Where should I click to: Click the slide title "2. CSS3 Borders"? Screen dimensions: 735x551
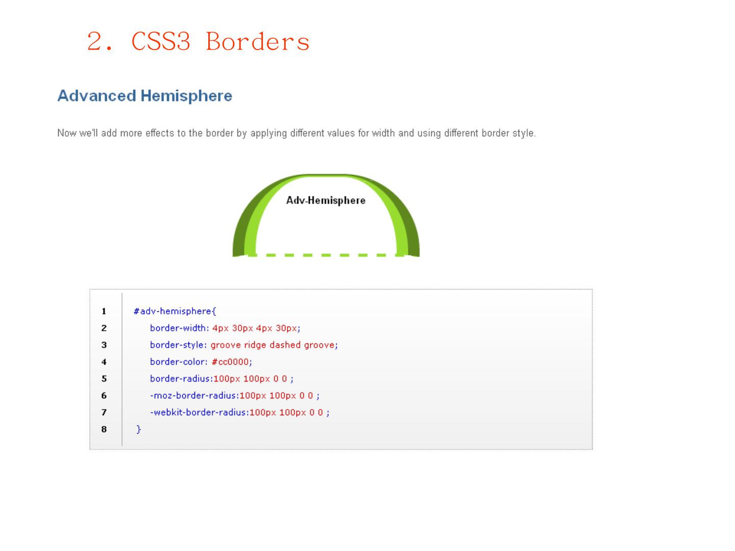[198, 41]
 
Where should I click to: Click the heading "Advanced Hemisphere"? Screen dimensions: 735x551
[144, 96]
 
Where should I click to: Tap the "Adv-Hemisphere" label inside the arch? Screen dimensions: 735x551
[326, 201]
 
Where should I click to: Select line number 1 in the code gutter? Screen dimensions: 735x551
[104, 311]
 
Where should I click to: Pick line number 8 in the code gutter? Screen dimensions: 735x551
[104, 429]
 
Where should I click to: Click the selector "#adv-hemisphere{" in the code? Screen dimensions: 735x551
[175, 311]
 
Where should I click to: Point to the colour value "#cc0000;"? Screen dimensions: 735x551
[232, 362]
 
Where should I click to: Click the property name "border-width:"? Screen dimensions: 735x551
[179, 328]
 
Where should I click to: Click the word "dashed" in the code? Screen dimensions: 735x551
[285, 345]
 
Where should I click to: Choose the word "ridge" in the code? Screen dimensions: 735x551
[255, 345]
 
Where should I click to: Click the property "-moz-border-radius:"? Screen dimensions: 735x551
[194, 395]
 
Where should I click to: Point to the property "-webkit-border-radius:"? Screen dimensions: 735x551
[199, 412]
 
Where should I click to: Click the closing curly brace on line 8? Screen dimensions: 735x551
[139, 429]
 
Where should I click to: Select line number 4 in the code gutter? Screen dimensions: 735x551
[104, 362]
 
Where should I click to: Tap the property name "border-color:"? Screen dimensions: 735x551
[179, 362]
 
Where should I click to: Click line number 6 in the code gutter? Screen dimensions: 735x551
[104, 395]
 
